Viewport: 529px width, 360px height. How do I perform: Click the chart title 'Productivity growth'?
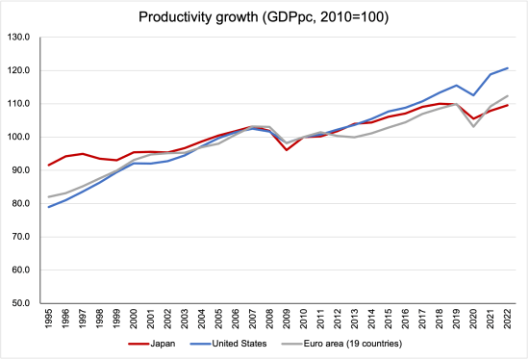[x=264, y=16]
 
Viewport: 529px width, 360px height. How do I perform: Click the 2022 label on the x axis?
[x=508, y=319]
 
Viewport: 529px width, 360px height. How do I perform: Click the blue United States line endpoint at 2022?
[x=508, y=68]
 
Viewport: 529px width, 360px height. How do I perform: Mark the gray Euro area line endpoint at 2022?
[x=508, y=95]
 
